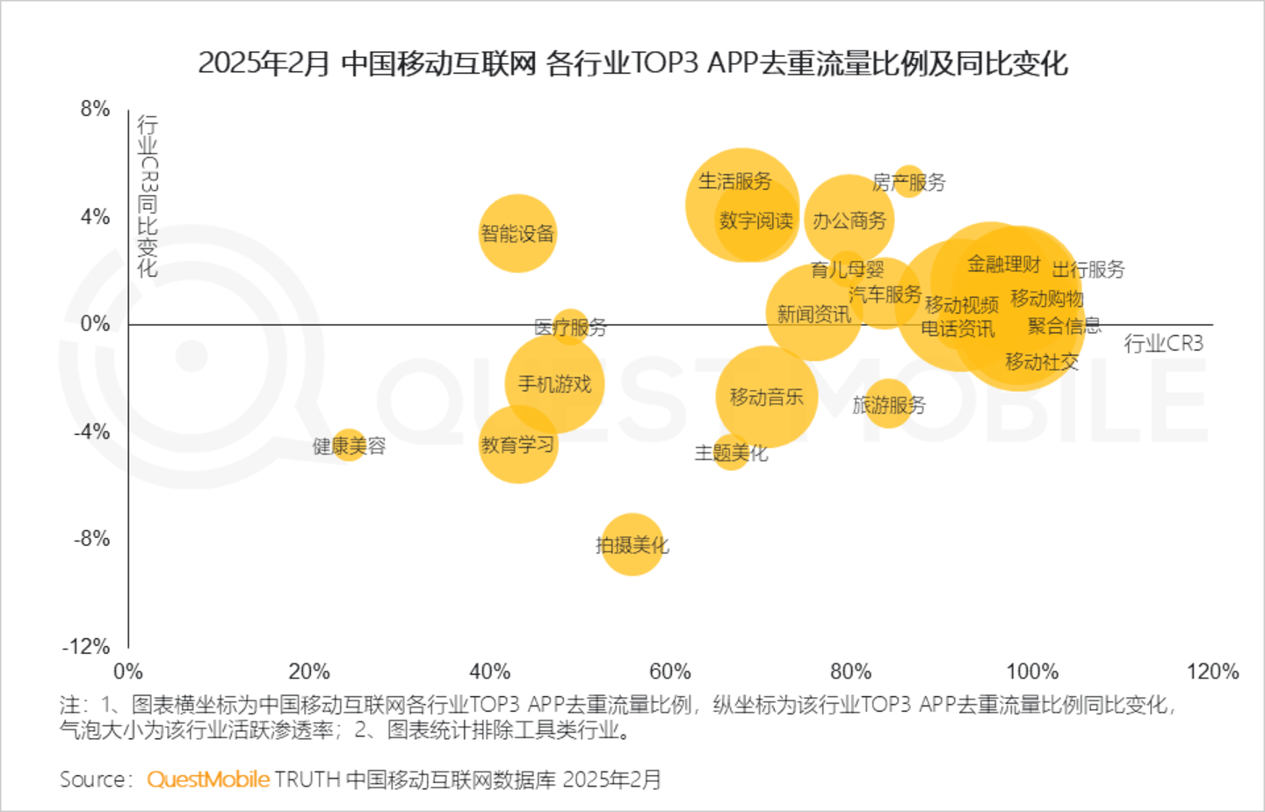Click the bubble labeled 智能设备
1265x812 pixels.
tap(517, 233)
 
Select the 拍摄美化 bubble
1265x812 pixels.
tap(632, 545)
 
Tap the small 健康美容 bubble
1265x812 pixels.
tap(350, 445)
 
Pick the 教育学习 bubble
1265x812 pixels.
tap(517, 445)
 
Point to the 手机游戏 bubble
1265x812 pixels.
tap(554, 384)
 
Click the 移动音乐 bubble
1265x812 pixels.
tap(766, 397)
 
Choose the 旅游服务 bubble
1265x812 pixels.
tap(888, 404)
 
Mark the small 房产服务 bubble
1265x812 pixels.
tap(909, 181)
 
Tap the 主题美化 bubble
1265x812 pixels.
tap(730, 453)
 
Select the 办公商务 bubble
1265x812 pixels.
tap(849, 220)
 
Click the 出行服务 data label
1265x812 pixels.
tap(1088, 269)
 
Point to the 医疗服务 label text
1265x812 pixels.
tap(571, 328)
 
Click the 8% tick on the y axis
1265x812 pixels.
tap(95, 109)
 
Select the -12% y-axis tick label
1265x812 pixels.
tap(86, 647)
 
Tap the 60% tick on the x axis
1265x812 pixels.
tap(670, 672)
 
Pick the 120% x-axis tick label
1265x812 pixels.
tap(1212, 672)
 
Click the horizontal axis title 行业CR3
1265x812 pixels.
tap(1163, 344)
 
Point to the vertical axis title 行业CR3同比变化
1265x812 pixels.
tap(148, 196)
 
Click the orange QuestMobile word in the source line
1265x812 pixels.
tap(208, 779)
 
